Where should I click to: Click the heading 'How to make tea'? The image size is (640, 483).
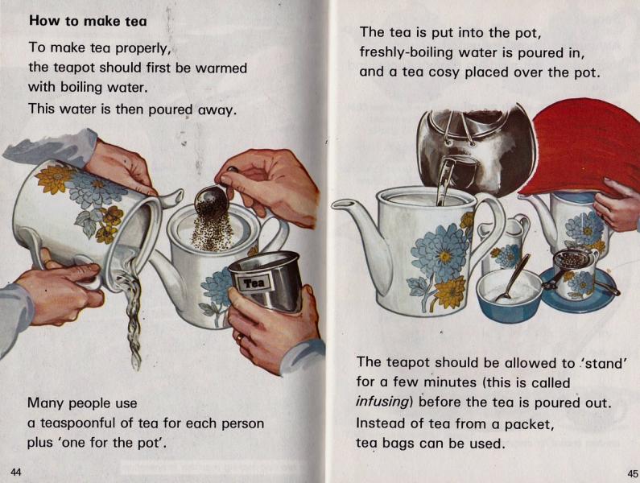88,21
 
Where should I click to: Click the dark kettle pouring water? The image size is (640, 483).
475,149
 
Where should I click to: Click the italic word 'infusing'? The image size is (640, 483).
383,401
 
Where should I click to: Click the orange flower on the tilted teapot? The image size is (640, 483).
56,178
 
